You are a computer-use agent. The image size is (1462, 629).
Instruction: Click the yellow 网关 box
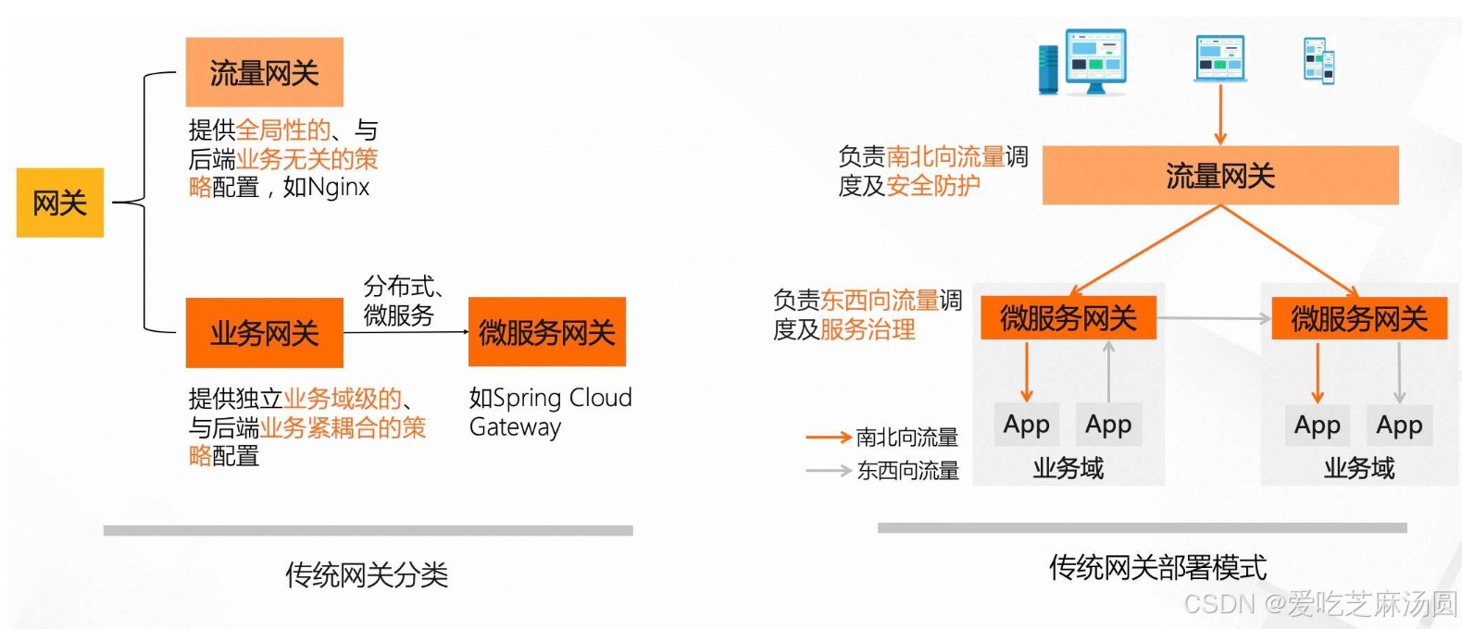pos(60,203)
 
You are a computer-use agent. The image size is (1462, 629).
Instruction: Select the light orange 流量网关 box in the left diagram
pos(264,72)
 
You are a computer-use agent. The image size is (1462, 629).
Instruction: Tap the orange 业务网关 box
pos(264,332)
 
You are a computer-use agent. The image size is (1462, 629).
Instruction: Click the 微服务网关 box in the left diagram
pos(546,332)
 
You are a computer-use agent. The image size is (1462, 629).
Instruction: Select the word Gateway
pos(515,427)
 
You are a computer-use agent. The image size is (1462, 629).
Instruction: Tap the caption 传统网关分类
pos(367,574)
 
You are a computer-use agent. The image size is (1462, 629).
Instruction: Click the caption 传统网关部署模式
pos(1157,567)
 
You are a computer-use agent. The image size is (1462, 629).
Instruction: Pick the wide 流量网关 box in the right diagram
pos(1219,175)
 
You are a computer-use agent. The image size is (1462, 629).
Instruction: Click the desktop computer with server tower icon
pos(1082,61)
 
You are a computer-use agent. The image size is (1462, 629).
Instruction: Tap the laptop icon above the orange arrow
pos(1219,58)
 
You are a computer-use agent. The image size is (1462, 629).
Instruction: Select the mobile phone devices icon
pos(1318,61)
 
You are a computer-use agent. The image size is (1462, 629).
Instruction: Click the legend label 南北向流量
pos(906,437)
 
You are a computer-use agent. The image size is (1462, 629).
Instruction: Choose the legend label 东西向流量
pos(907,470)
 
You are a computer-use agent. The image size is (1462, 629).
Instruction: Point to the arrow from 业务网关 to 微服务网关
pos(406,331)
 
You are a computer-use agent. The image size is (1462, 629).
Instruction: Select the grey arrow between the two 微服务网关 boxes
pos(1213,318)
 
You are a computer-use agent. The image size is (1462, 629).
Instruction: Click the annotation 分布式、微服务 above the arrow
pos(401,301)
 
